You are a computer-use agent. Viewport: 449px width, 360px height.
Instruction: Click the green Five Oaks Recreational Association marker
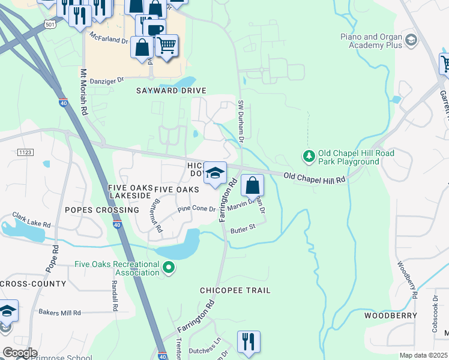coord(169,268)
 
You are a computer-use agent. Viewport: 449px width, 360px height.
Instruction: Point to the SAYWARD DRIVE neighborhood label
coord(172,91)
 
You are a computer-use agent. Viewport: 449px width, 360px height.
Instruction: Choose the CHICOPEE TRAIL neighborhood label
coord(235,290)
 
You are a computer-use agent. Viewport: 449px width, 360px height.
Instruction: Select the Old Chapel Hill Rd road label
coord(315,178)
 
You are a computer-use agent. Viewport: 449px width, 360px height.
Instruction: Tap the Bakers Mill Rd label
coord(59,313)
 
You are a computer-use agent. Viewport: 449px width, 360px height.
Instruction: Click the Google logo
coord(20,352)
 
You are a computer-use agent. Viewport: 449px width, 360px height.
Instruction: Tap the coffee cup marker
coord(155,29)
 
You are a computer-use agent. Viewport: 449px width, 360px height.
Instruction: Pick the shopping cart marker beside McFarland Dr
coord(167,46)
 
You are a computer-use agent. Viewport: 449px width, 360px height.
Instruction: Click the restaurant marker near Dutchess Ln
coord(248,342)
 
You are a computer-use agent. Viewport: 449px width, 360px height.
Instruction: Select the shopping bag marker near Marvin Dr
coord(253,185)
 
